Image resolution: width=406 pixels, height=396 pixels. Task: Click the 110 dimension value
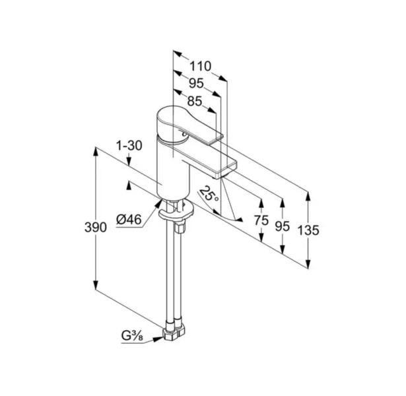pos(201,66)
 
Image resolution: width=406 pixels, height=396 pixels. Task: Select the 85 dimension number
pos(195,101)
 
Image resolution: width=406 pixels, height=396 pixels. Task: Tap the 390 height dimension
pos(96,227)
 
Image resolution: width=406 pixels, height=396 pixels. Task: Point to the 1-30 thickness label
pos(129,146)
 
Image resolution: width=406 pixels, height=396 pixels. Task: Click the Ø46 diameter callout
pos(129,220)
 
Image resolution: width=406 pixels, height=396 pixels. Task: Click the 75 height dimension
pos(261,220)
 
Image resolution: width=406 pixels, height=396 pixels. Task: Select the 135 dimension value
pos(308,230)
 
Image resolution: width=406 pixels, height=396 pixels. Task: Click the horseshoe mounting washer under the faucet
pos(176,210)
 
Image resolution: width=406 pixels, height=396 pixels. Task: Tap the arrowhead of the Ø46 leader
pos(158,203)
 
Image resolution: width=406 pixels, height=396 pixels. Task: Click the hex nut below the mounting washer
pos(180,227)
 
